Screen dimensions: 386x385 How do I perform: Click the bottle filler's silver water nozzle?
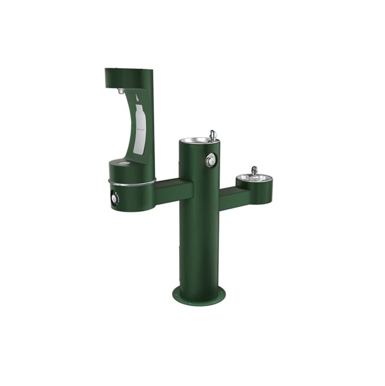point(121,91)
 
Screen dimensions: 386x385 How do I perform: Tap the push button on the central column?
point(210,160)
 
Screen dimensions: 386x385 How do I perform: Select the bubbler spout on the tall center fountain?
point(212,134)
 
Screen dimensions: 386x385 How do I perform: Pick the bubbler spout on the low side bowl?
point(254,170)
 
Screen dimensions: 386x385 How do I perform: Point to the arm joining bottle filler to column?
point(173,188)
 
